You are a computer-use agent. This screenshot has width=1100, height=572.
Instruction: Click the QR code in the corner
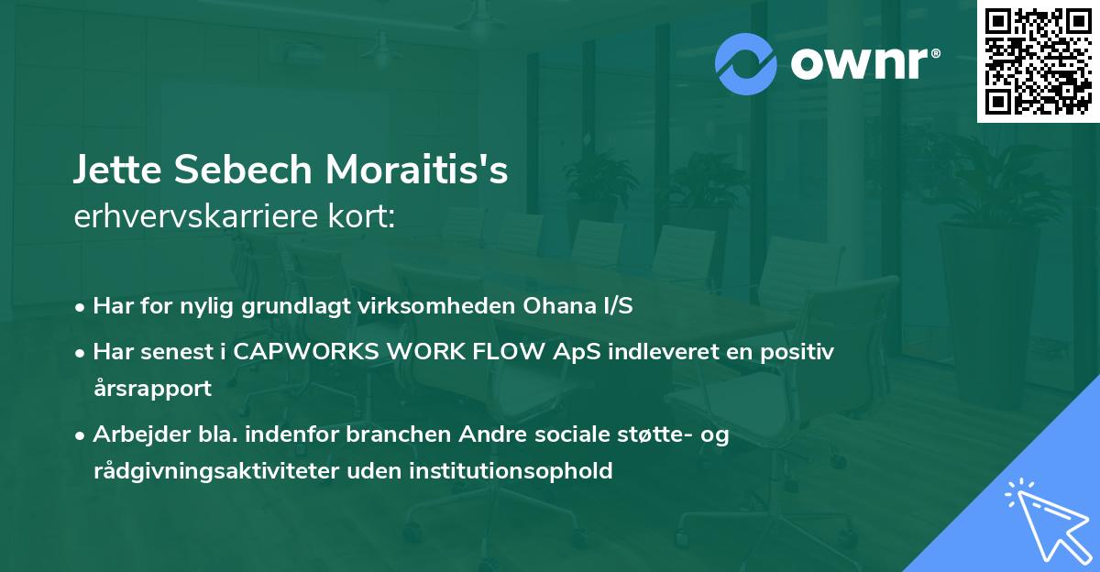(1038, 60)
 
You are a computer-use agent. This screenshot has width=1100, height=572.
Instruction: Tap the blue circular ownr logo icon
(746, 63)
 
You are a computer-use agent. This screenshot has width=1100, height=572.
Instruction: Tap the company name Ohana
(549, 306)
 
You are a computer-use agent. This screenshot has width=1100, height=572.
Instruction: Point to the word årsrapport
(152, 388)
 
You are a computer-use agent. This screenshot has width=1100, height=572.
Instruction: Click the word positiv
(799, 352)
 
